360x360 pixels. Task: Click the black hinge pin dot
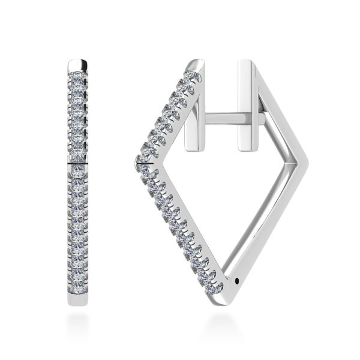[x=241, y=278]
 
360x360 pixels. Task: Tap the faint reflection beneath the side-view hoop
[x=225, y=324]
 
